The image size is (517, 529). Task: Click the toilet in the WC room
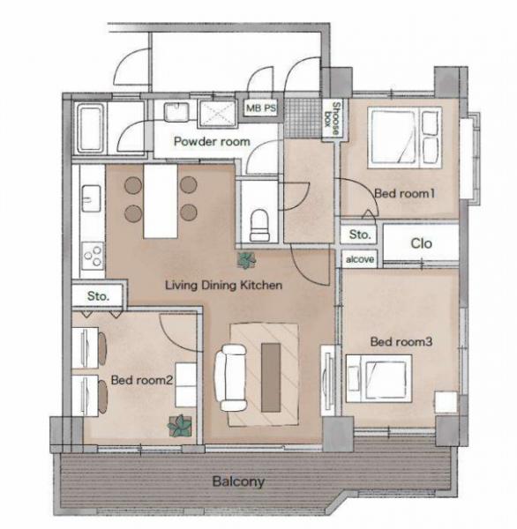(x=259, y=225)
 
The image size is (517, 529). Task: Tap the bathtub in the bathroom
(x=90, y=128)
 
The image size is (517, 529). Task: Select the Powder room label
(x=212, y=141)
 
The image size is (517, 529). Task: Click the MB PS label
(x=260, y=108)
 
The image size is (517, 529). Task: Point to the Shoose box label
(x=332, y=119)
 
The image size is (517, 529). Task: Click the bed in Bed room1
(x=405, y=138)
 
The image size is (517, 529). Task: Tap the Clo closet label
(x=421, y=243)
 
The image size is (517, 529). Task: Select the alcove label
(x=360, y=259)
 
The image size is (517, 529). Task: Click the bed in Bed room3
(x=378, y=378)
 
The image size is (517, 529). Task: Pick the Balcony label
(x=238, y=481)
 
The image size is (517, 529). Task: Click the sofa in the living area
(x=231, y=377)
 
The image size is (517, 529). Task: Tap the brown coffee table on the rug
(x=271, y=377)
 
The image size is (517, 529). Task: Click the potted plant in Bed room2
(x=180, y=426)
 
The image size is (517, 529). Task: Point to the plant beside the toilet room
(x=246, y=260)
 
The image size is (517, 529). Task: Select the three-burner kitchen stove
(x=93, y=256)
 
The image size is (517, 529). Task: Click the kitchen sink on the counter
(x=91, y=198)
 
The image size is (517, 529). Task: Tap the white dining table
(x=161, y=201)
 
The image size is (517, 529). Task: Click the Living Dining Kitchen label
(x=223, y=285)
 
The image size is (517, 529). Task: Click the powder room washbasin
(x=176, y=112)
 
